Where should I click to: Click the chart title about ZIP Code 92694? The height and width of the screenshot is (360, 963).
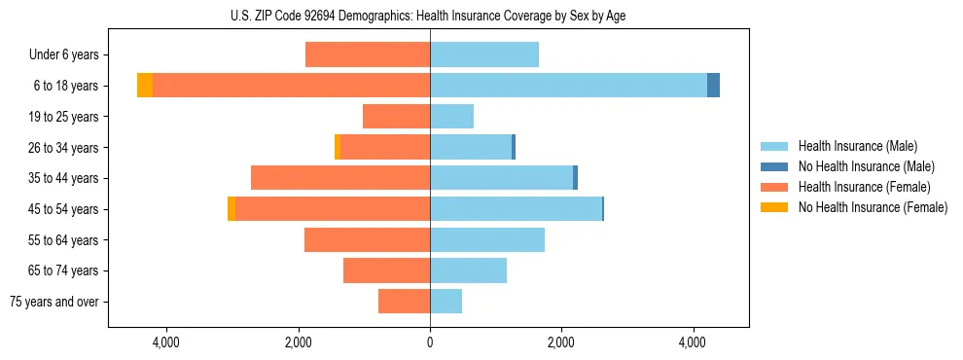click(428, 16)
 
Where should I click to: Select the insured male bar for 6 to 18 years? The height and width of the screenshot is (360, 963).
click(568, 86)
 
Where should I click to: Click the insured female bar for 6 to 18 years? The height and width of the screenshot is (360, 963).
click(291, 86)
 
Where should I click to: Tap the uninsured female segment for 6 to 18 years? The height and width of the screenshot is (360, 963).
click(145, 86)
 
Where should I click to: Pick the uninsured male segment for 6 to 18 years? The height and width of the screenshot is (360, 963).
click(713, 86)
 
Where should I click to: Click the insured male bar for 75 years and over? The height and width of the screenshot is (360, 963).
click(446, 302)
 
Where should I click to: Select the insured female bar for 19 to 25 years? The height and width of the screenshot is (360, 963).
click(396, 117)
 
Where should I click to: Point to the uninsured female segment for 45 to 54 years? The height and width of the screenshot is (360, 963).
click(232, 209)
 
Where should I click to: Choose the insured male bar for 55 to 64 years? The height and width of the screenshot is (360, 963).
click(486, 240)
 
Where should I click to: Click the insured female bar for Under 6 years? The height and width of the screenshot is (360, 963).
click(368, 55)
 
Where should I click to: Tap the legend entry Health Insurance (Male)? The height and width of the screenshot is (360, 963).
click(857, 146)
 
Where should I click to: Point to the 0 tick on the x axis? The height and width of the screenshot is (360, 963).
click(430, 342)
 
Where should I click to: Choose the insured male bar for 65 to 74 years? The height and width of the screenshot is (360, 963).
click(468, 270)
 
